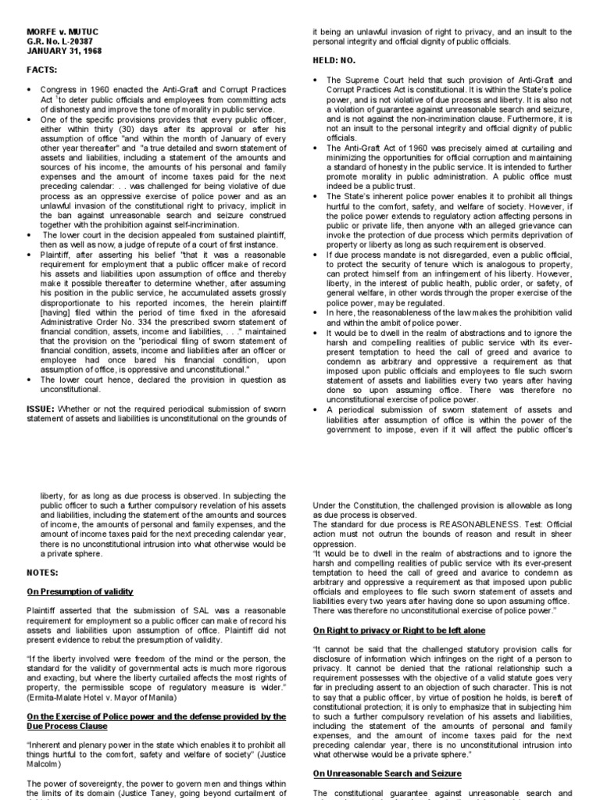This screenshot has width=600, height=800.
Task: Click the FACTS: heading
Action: pos(41,70)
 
